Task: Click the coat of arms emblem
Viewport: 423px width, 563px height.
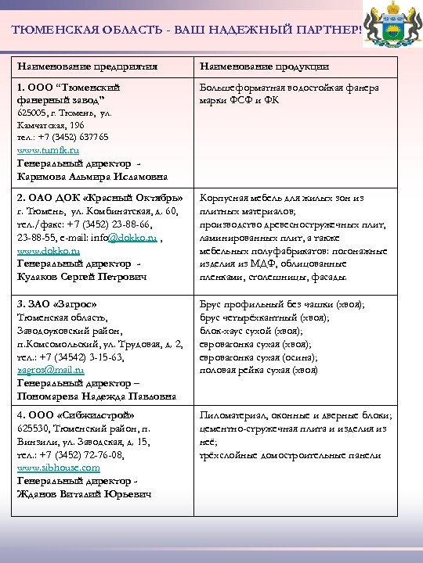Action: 392,27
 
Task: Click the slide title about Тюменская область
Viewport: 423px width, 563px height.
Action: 187,30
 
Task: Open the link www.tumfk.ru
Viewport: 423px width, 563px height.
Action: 49,149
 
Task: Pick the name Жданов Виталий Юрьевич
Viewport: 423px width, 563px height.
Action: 84,493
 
